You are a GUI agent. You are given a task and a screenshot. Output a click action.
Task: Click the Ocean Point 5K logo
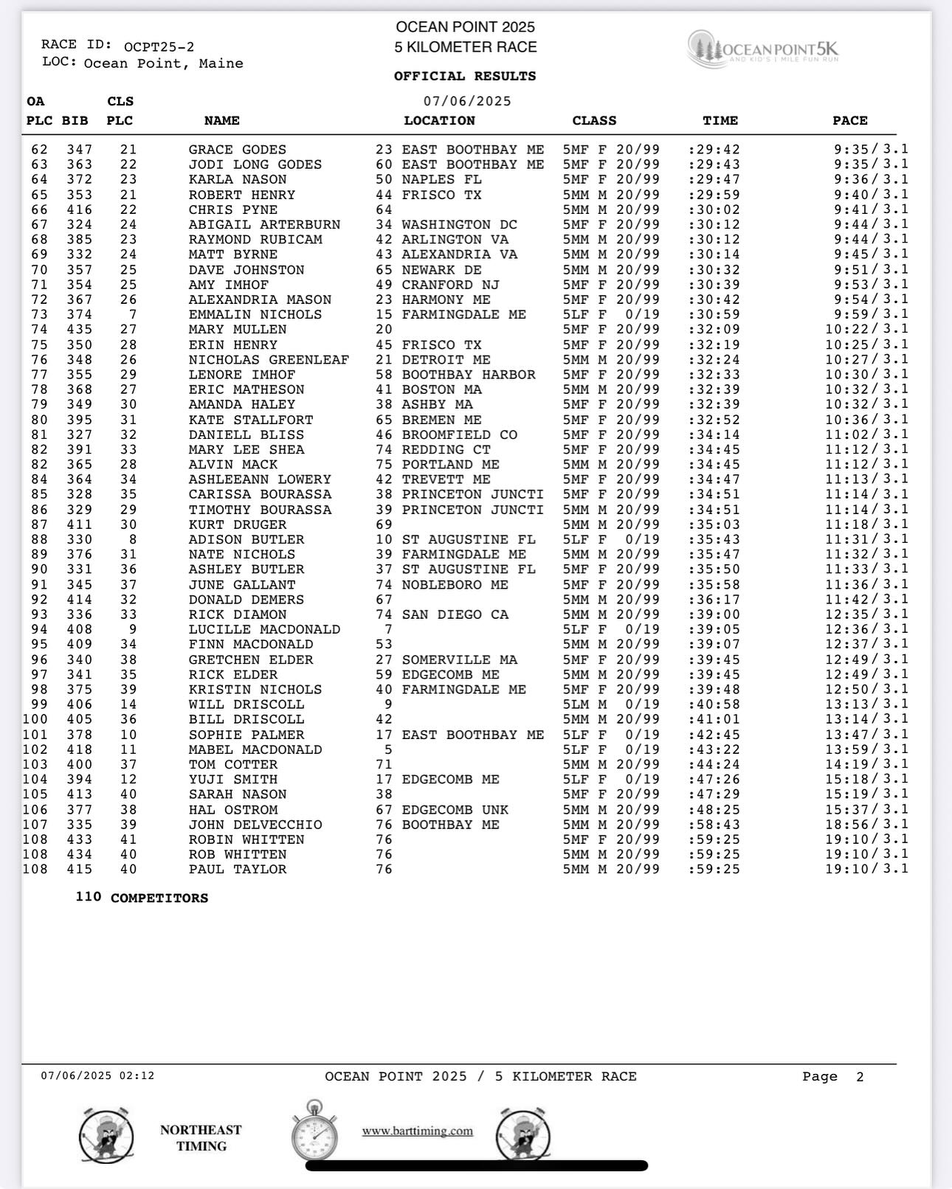click(x=763, y=49)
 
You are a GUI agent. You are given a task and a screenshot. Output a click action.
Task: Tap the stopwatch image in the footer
click(x=314, y=1130)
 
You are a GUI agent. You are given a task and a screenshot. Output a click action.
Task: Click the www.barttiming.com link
click(x=417, y=1131)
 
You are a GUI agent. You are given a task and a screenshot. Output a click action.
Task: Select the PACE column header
click(x=849, y=120)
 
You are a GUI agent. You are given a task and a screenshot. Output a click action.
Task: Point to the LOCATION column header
click(x=439, y=120)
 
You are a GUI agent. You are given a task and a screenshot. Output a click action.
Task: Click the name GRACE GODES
click(x=237, y=150)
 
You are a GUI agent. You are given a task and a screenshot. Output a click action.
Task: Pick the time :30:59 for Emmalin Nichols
click(x=714, y=315)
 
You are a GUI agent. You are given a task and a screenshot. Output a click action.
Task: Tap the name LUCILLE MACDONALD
click(x=264, y=629)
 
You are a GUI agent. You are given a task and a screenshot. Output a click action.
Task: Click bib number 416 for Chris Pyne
click(x=79, y=209)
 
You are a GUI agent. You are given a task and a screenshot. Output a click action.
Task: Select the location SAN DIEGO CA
click(x=455, y=614)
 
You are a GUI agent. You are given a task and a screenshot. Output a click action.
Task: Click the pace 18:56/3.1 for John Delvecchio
click(x=866, y=825)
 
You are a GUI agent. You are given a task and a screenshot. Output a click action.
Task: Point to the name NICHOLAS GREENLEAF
click(x=269, y=360)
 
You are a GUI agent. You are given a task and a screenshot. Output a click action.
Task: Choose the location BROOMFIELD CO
click(x=459, y=434)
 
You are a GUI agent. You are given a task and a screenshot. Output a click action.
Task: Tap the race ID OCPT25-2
click(x=159, y=47)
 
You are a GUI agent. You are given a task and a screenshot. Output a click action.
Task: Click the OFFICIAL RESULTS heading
click(x=465, y=76)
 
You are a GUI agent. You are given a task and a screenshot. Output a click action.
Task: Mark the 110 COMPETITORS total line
click(x=142, y=898)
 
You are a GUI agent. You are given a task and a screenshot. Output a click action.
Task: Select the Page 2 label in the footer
click(x=832, y=1077)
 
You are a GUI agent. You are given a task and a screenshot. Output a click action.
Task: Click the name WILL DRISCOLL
click(x=246, y=704)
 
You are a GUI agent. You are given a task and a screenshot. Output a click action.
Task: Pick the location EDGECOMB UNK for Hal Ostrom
click(x=455, y=810)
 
